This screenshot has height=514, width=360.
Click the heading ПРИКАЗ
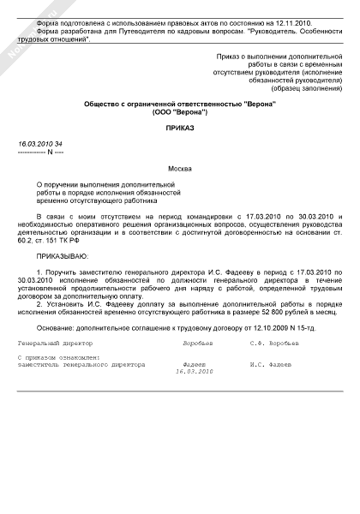(179, 126)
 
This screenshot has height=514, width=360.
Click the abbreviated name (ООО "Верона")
(179, 111)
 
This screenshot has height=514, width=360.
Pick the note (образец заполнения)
(303, 88)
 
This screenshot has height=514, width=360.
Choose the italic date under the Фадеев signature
(193, 372)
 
